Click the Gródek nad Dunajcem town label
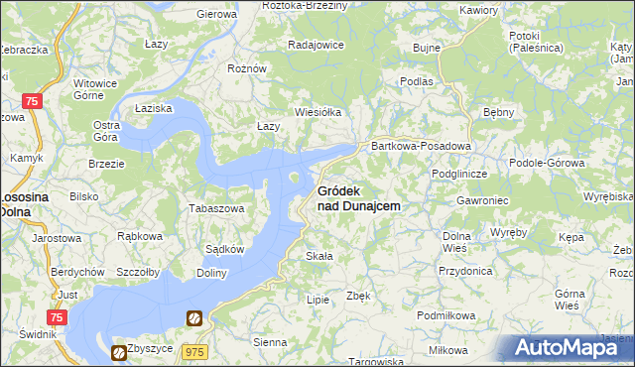pyautogui.click(x=358, y=197)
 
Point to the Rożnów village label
pyautogui.click(x=246, y=68)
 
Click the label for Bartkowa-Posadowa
pyautogui.click(x=420, y=146)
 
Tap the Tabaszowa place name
pyautogui.click(x=216, y=208)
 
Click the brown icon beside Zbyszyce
pyautogui.click(x=119, y=351)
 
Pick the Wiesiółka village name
pyautogui.click(x=317, y=112)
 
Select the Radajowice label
pyautogui.click(x=316, y=45)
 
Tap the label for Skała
pyautogui.click(x=318, y=256)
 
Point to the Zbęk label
pyautogui.click(x=358, y=296)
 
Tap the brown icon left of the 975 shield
pyautogui.click(x=194, y=318)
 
